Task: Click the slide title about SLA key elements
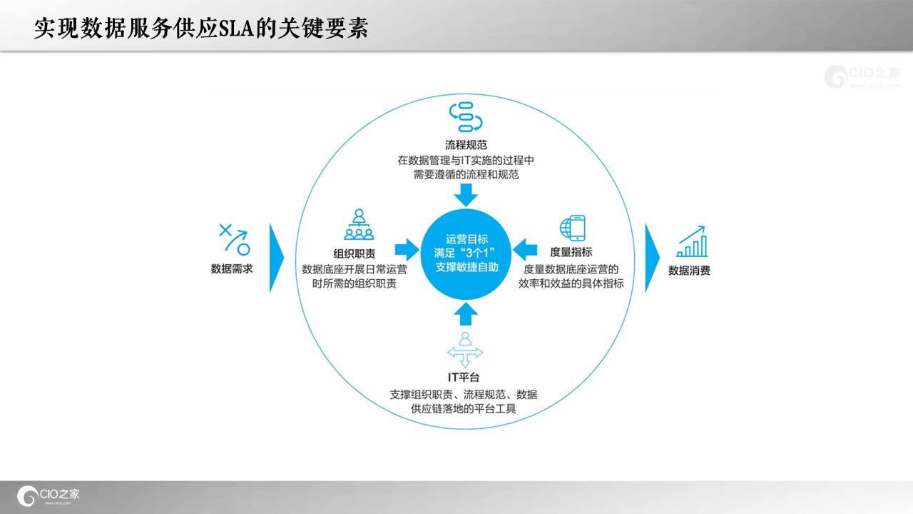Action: click(x=201, y=28)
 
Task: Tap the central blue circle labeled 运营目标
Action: click(x=466, y=254)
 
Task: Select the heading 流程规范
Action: click(x=466, y=145)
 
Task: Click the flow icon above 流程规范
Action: click(x=466, y=117)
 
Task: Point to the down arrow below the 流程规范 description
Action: click(x=466, y=195)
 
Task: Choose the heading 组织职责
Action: click(x=355, y=253)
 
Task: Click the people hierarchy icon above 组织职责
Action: click(x=359, y=224)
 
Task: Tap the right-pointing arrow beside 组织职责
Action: click(x=407, y=250)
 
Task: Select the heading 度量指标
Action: click(x=571, y=252)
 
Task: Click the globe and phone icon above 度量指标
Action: click(x=572, y=228)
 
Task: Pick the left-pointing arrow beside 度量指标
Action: click(x=525, y=250)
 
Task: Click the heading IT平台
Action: click(x=464, y=378)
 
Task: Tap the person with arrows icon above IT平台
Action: click(x=465, y=350)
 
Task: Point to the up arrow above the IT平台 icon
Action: click(x=466, y=313)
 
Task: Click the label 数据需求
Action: click(x=232, y=269)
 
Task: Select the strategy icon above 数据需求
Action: click(x=235, y=239)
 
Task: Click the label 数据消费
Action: click(x=689, y=271)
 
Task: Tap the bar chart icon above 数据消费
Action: click(x=692, y=241)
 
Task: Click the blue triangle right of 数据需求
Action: click(x=276, y=258)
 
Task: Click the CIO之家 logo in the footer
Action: click(x=48, y=495)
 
